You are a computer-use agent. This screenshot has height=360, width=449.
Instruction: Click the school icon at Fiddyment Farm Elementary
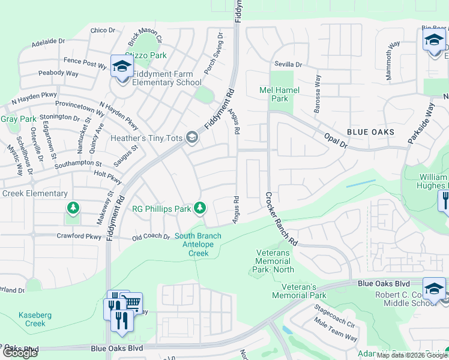click(x=121, y=66)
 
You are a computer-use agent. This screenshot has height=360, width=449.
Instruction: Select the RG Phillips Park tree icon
click(x=200, y=208)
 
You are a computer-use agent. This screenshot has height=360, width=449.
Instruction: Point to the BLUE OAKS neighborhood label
click(x=370, y=131)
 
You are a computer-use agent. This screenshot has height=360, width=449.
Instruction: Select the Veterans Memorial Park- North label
click(x=273, y=262)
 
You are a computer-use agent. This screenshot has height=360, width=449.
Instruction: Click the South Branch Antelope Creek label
click(x=198, y=244)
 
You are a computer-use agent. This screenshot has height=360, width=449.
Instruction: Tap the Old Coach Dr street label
click(x=151, y=236)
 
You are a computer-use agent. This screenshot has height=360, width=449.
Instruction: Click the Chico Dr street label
click(x=103, y=30)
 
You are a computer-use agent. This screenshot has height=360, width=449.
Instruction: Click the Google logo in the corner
click(x=20, y=353)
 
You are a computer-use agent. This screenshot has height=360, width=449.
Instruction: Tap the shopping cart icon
click(x=132, y=301)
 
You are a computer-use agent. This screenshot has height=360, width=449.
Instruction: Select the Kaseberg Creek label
click(x=32, y=319)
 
